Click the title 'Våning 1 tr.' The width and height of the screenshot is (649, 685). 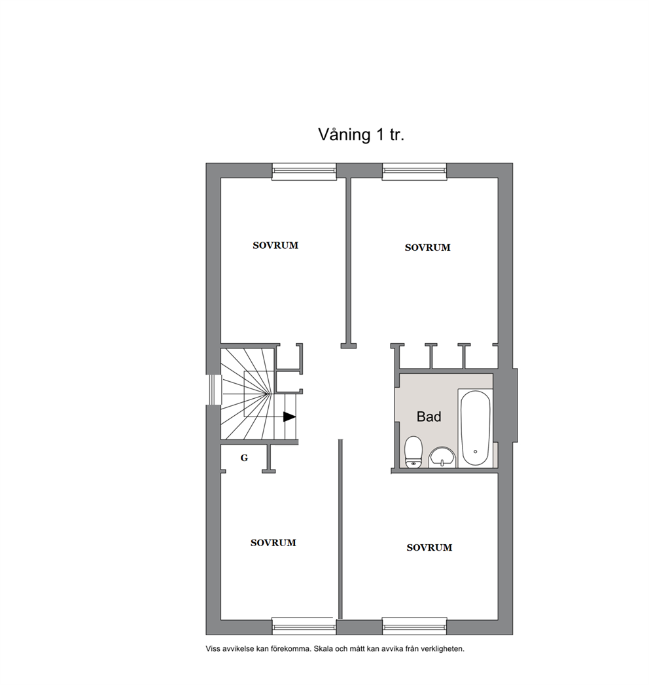(361, 135)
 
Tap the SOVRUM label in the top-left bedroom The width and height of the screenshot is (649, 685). (275, 246)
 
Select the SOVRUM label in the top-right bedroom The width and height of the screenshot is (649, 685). (427, 248)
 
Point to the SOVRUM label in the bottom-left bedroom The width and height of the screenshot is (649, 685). (273, 543)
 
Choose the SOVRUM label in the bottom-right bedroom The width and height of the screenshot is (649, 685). (429, 547)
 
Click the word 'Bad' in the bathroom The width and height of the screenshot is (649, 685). (429, 417)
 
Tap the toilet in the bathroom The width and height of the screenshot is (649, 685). (413, 453)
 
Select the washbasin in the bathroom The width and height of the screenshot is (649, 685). (443, 457)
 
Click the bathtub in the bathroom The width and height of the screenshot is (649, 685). (474, 428)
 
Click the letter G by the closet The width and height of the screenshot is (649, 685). (244, 458)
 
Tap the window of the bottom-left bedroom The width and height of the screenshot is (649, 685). (304, 626)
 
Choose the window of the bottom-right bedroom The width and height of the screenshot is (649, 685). (415, 626)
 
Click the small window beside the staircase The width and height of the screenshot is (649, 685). (212, 389)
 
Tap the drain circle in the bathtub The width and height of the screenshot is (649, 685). (475, 451)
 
